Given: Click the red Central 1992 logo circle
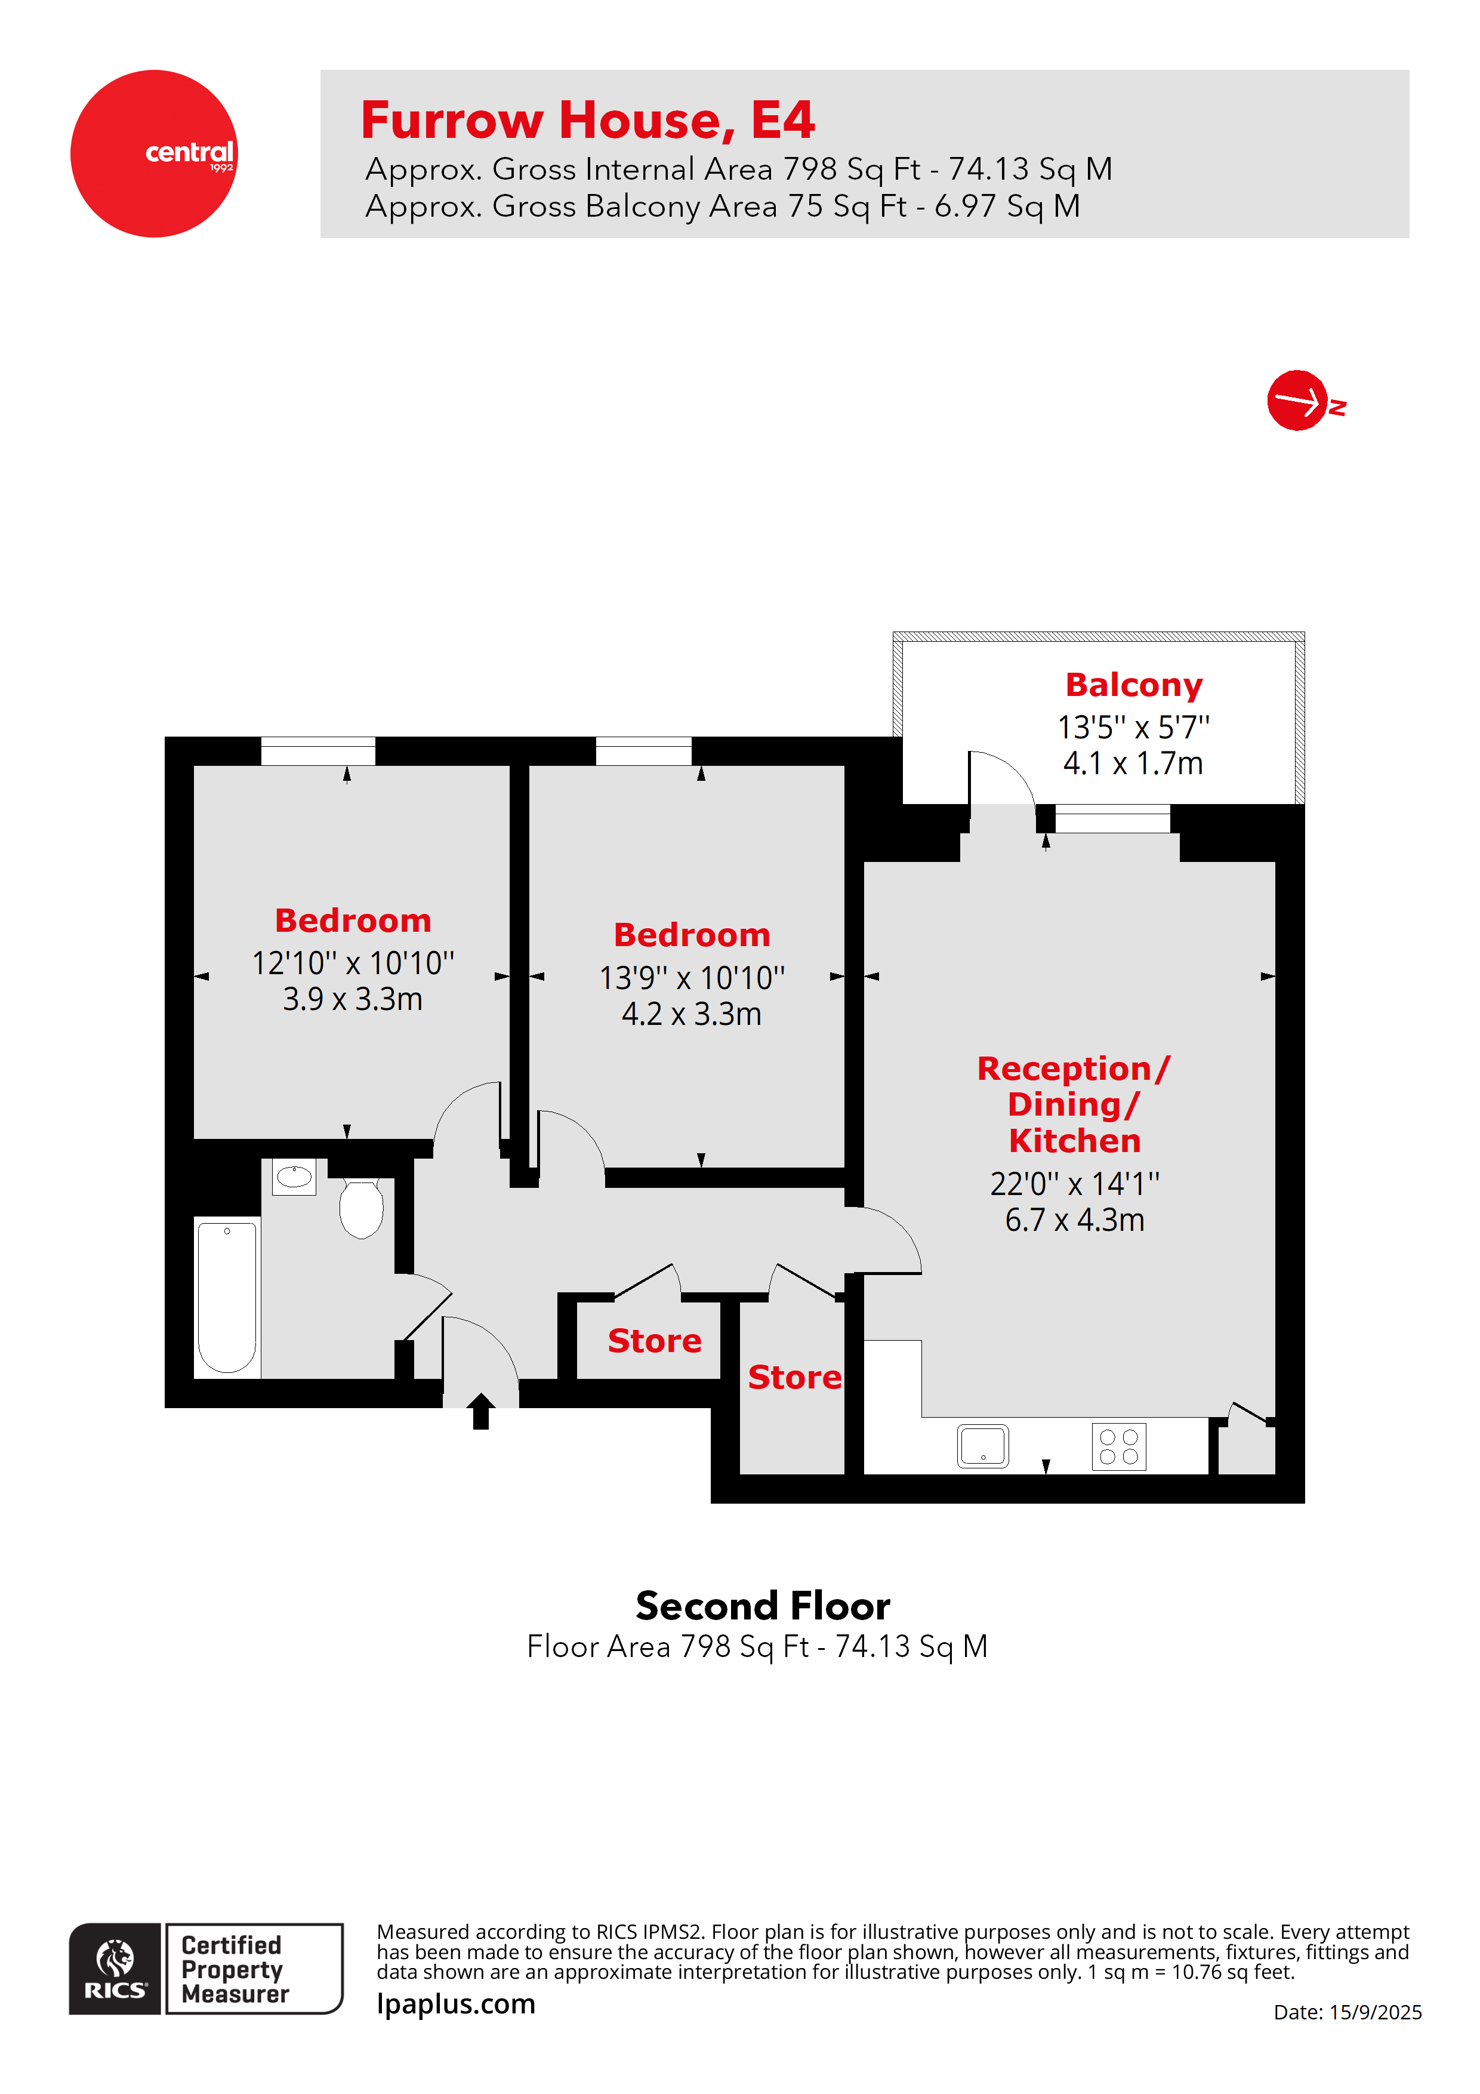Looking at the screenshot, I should click(153, 153).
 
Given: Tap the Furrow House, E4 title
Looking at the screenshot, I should click(587, 121).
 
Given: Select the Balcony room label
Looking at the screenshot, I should click(1133, 685).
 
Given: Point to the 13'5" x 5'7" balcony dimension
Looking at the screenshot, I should click(1133, 728).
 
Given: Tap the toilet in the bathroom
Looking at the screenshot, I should click(361, 1208).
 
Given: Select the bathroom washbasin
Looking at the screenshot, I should click(294, 1177).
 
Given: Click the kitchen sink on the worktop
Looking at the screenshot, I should click(982, 1446).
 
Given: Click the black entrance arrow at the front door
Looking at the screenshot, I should click(480, 1411).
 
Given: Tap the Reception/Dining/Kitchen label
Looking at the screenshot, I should click(1074, 1104).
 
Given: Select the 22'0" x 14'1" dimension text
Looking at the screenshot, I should click(1074, 1184).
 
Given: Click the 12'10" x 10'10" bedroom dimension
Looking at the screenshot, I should click(353, 963).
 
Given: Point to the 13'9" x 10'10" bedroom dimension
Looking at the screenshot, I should click(691, 978).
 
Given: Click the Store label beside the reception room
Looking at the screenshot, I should click(794, 1377).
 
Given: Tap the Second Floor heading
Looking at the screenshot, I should click(762, 1606).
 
